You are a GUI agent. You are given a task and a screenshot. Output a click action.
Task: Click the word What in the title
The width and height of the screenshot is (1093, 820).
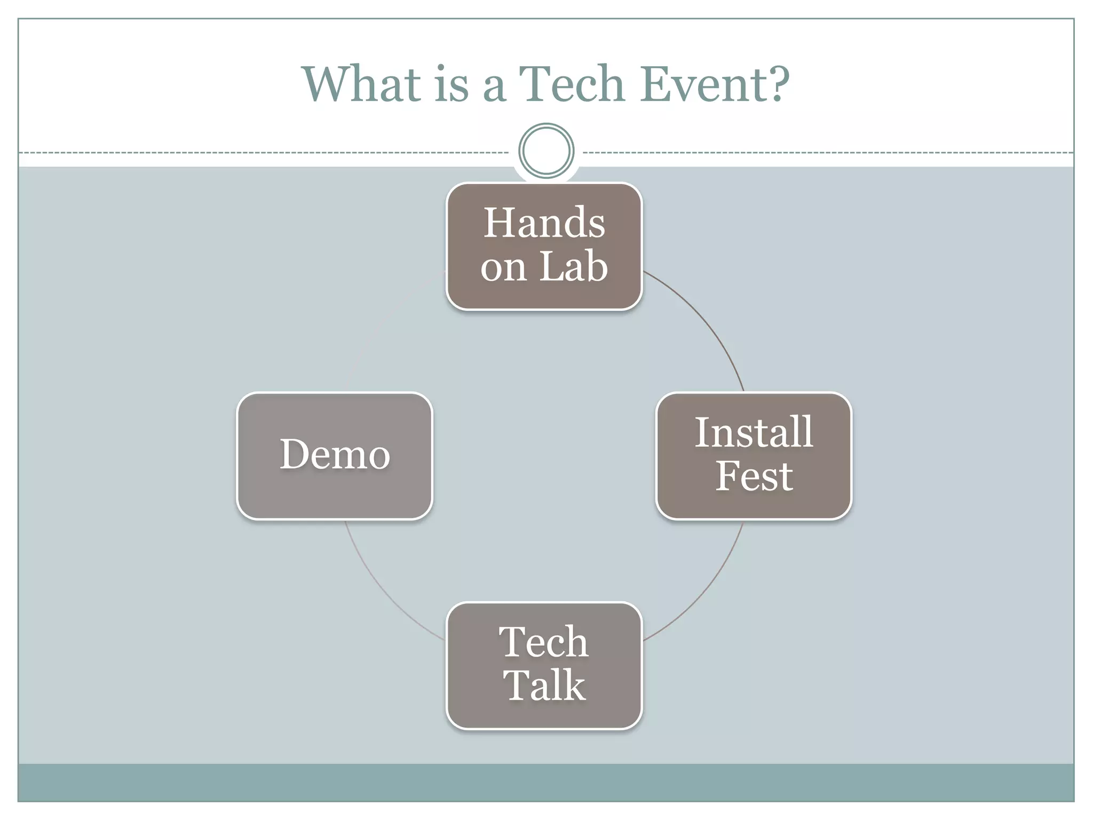point(361,84)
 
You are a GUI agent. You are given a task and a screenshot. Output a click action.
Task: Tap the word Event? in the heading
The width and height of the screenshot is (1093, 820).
point(715,84)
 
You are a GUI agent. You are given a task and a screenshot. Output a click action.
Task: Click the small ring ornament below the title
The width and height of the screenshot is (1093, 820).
point(546,151)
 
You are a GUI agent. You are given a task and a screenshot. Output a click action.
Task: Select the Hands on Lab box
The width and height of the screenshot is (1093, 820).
point(544,246)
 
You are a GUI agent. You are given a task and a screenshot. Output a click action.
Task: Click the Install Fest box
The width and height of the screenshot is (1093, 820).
point(754,455)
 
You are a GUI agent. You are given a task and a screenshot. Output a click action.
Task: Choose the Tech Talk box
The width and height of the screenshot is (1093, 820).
point(544,665)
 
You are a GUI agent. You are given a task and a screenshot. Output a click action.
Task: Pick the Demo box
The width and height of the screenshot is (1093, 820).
point(335,455)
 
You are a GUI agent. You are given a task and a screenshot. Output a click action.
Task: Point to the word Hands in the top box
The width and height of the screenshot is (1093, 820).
point(544,223)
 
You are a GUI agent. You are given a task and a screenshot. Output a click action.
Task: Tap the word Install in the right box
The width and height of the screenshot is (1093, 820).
point(754,432)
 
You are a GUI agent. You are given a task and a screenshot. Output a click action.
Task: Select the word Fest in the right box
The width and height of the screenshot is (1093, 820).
point(754,476)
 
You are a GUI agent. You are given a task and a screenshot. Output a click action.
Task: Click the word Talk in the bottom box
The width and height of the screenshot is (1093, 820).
point(544,686)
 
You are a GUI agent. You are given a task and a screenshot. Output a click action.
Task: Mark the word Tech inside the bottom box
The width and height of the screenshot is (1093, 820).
point(544,642)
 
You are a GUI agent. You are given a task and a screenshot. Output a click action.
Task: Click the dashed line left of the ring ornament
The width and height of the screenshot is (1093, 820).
point(267,153)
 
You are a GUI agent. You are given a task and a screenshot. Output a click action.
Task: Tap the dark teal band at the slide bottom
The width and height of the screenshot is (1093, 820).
point(546,782)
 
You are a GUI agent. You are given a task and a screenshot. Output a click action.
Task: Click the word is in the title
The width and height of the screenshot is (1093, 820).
point(452,84)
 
